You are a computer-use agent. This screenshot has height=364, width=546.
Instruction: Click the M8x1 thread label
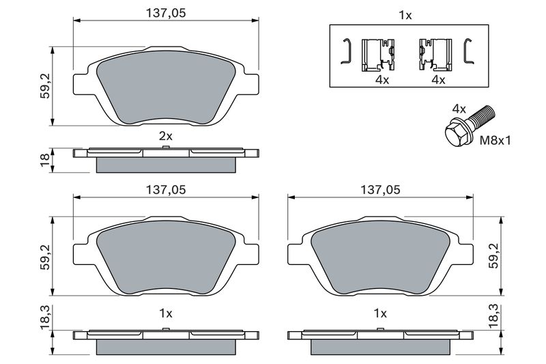click(x=495, y=141)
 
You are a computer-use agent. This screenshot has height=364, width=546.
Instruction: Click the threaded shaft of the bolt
click(x=483, y=116)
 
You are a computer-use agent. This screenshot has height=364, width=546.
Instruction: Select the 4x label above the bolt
click(x=459, y=109)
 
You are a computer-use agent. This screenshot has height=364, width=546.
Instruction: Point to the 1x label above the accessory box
click(x=405, y=15)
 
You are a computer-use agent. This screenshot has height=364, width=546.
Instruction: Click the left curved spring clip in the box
click(x=347, y=51)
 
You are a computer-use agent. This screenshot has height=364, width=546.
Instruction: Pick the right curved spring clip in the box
click(x=468, y=51)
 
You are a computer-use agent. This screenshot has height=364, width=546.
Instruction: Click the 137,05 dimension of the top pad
click(x=166, y=13)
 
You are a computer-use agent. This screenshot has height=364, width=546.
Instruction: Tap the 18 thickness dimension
click(x=45, y=160)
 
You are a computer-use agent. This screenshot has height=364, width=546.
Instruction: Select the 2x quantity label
click(x=166, y=136)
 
